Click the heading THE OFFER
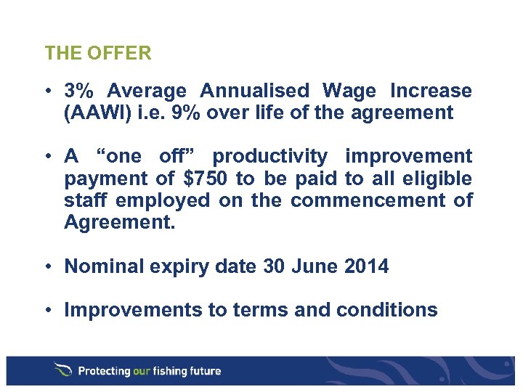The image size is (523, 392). tap(97, 53)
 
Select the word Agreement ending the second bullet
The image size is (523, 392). tap(119, 221)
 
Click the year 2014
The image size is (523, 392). tap(366, 266)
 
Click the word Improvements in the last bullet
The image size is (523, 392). tap(134, 310)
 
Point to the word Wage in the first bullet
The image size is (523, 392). tap(349, 91)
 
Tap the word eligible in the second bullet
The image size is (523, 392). tap(443, 178)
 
